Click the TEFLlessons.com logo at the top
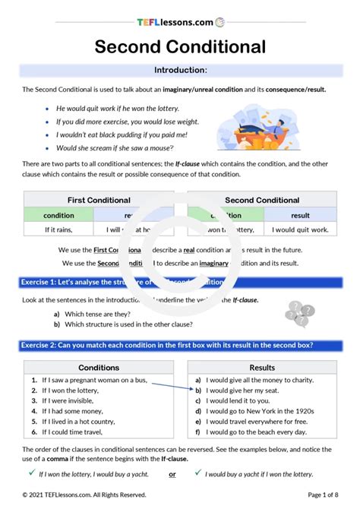(x=180, y=23)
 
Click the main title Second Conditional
(x=180, y=47)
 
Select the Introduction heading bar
(x=180, y=71)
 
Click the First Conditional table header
(x=99, y=201)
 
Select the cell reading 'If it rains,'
(x=58, y=229)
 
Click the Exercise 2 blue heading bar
(x=180, y=345)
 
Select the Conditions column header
(x=99, y=368)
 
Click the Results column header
(x=262, y=368)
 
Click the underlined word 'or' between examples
(x=172, y=474)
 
